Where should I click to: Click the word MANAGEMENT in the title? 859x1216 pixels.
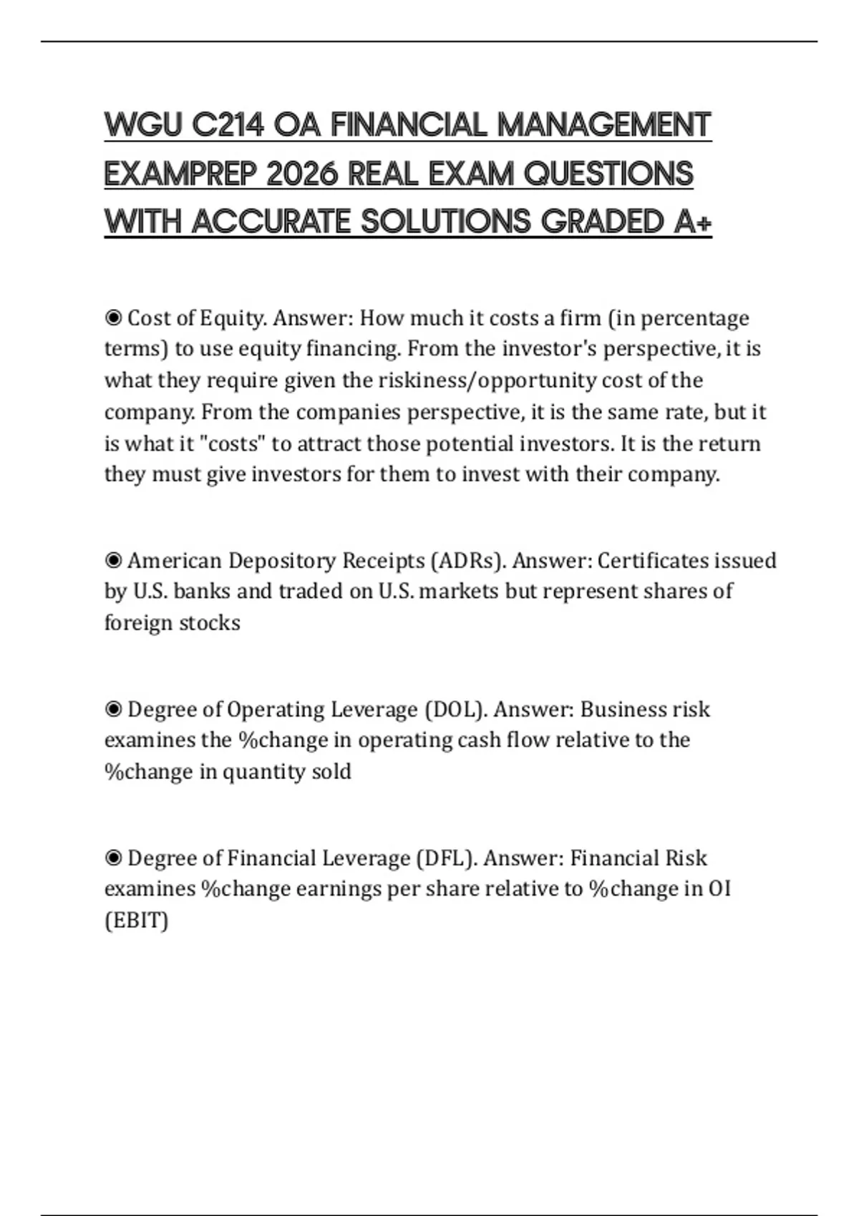[603, 125]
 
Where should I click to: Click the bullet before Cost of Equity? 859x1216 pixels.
[113, 317]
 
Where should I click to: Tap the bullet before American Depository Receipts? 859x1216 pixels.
[113, 560]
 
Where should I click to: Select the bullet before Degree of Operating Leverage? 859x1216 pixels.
[113, 709]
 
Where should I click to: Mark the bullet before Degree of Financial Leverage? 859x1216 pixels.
[113, 858]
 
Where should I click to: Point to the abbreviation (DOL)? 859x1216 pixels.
[456, 709]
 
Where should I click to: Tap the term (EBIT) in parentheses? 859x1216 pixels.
[136, 920]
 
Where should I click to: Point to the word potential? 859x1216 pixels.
[469, 443]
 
